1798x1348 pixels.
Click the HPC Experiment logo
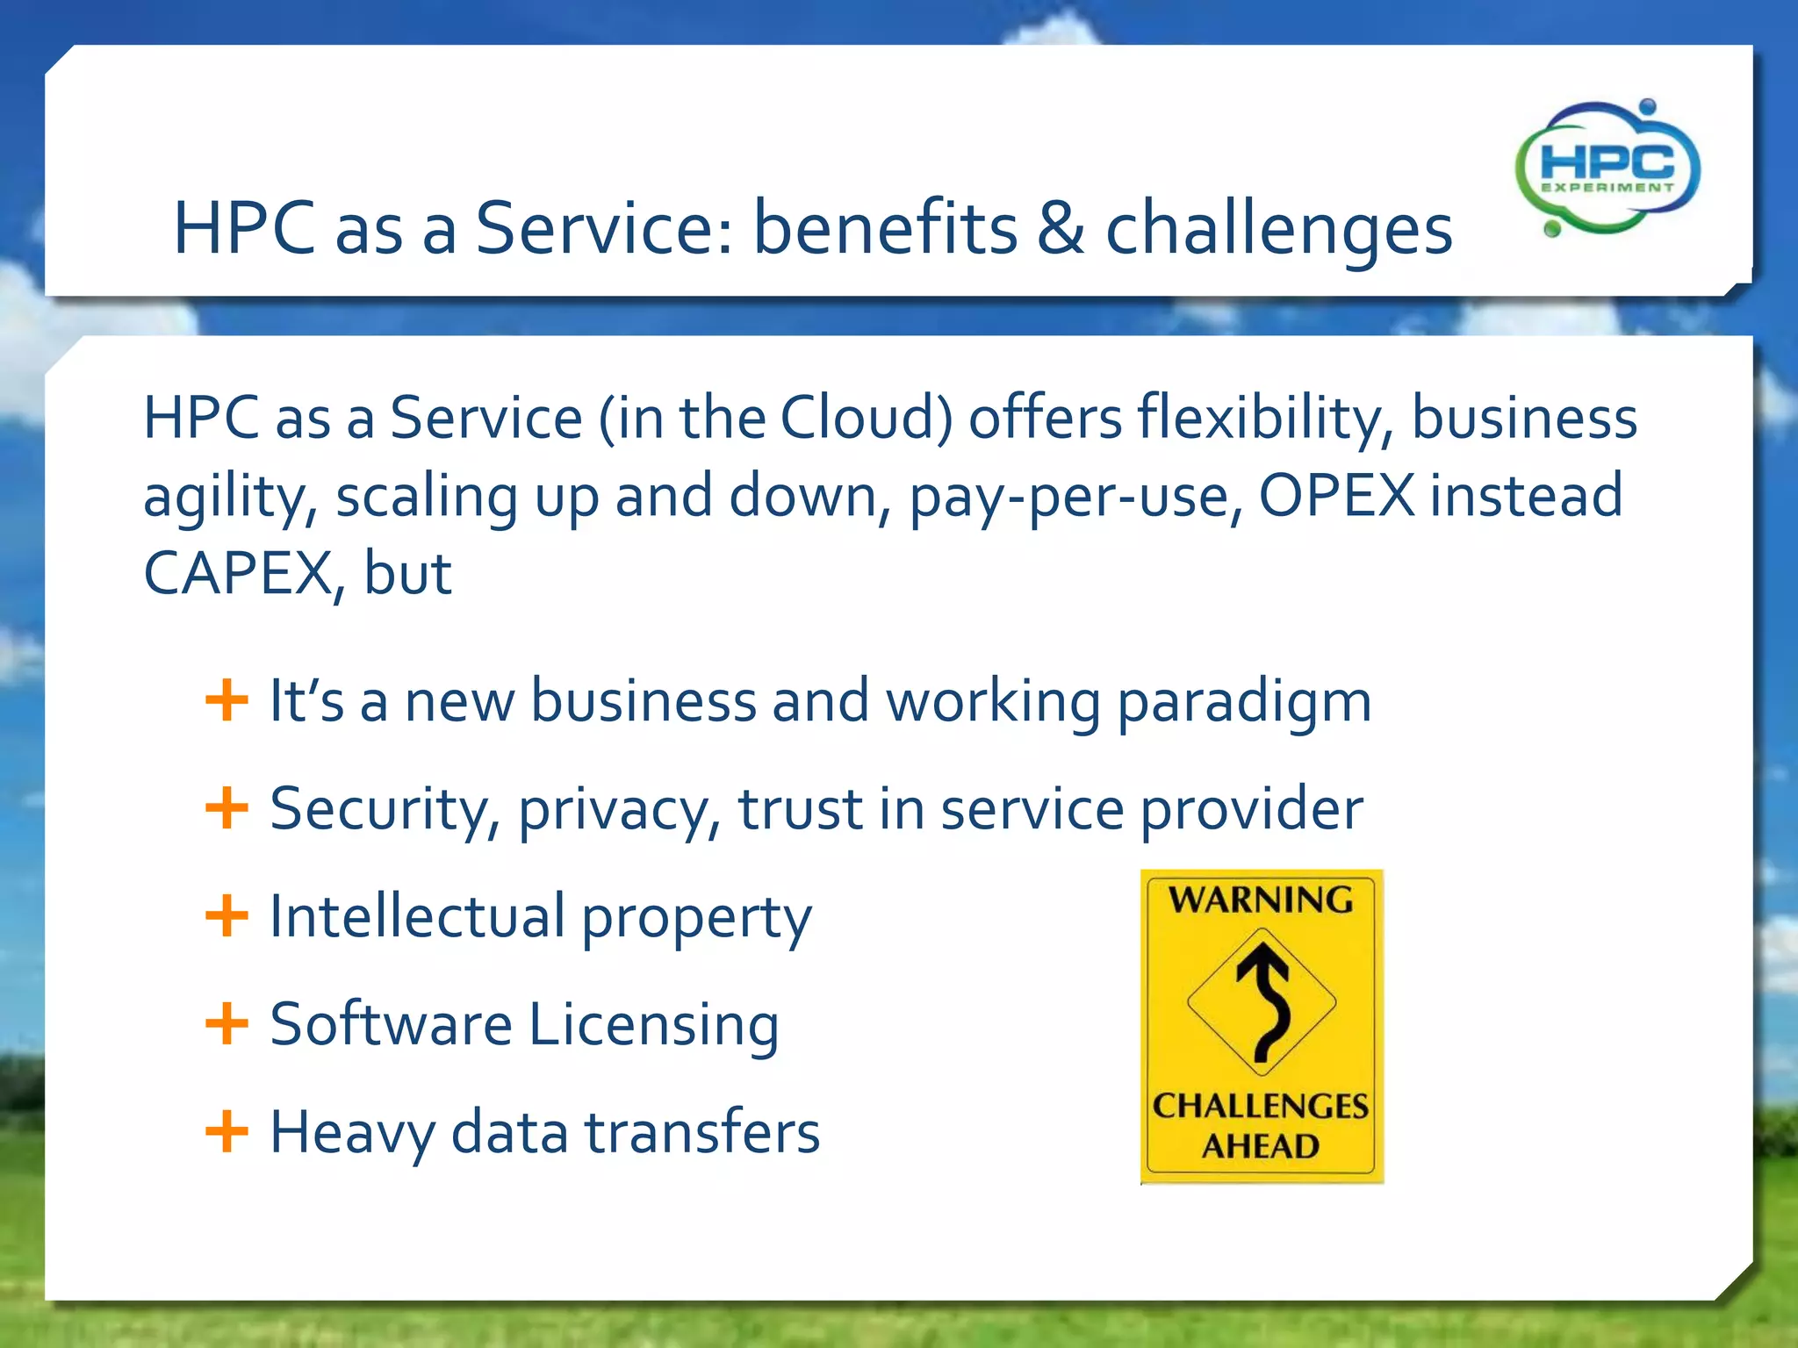1607,168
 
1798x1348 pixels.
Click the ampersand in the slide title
1061,228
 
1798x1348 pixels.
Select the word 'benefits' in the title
885,227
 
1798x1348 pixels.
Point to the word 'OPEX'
1336,495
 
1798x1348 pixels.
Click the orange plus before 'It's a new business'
227,700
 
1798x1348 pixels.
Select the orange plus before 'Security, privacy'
227,807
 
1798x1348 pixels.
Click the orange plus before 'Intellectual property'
227,915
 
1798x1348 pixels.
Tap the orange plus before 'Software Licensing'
227,1023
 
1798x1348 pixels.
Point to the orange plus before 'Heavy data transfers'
227,1130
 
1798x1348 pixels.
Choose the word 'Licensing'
654,1025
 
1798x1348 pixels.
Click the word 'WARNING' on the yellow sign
1261,900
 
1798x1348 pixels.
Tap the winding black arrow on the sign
1264,1001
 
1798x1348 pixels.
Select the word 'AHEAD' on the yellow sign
1261,1146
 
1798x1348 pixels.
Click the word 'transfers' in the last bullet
702,1131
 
